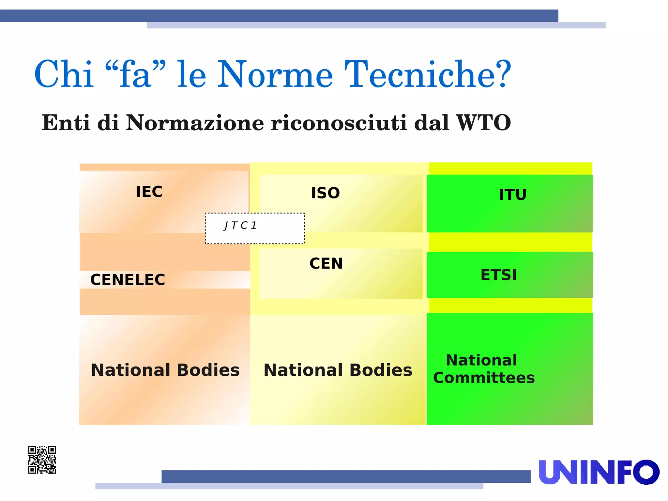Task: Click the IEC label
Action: [x=149, y=192]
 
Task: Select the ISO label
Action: [x=325, y=193]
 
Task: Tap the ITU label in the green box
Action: [x=513, y=195]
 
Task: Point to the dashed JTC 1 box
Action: [x=255, y=228]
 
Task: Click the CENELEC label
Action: [x=128, y=280]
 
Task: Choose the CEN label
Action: [x=326, y=263]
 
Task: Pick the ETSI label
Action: [x=499, y=275]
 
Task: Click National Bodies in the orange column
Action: [x=165, y=370]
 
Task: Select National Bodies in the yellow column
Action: [x=338, y=370]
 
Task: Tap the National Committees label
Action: [x=484, y=369]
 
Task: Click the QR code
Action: [x=42, y=460]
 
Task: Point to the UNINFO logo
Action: [x=599, y=472]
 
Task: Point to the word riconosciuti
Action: [x=339, y=123]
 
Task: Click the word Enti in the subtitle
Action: [x=66, y=123]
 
